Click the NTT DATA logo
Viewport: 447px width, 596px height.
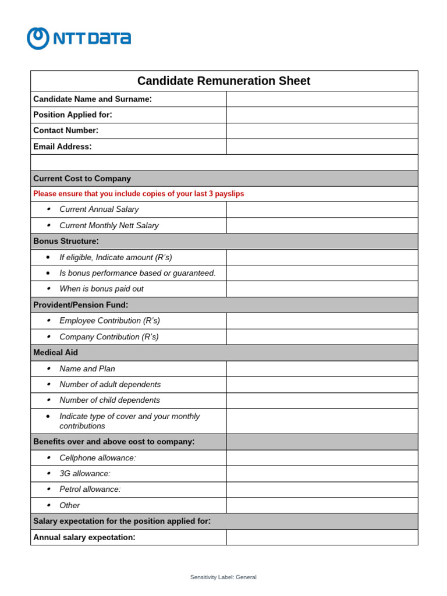pyautogui.click(x=79, y=38)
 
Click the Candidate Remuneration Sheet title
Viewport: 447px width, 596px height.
pyautogui.click(x=223, y=81)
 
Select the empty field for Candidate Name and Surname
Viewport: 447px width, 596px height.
pyautogui.click(x=322, y=99)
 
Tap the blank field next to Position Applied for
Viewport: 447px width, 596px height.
pyautogui.click(x=322, y=115)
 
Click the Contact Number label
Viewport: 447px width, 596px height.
pyautogui.click(x=66, y=130)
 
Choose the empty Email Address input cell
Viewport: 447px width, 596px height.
pyautogui.click(x=322, y=147)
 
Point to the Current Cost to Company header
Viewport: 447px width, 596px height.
pyautogui.click(x=82, y=179)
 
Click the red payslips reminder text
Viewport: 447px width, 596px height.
pyautogui.click(x=139, y=194)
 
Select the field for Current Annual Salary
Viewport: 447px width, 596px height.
pyautogui.click(x=322, y=210)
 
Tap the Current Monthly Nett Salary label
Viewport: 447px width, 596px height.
pyautogui.click(x=109, y=225)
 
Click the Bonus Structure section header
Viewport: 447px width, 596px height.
pyautogui.click(x=66, y=241)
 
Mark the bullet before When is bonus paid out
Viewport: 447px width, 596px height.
pyautogui.click(x=48, y=289)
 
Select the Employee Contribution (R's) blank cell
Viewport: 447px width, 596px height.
pyautogui.click(x=322, y=321)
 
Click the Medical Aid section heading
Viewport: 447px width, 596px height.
pyautogui.click(x=55, y=353)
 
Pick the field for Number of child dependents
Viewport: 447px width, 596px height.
pyautogui.click(x=322, y=400)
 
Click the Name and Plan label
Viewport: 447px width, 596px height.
pyautogui.click(x=87, y=368)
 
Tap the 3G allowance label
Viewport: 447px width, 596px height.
pyautogui.click(x=85, y=474)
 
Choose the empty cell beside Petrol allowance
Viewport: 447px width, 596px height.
pyautogui.click(x=322, y=489)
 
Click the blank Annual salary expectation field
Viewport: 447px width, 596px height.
pyautogui.click(x=322, y=537)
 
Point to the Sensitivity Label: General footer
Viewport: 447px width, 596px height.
pyautogui.click(x=223, y=577)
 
